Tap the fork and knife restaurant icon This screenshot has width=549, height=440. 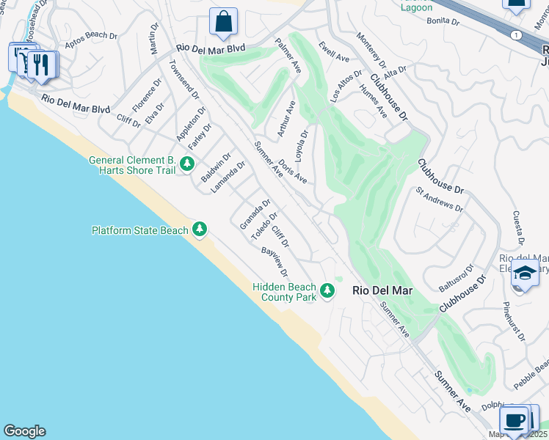(41, 65)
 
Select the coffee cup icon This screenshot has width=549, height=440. (515, 420)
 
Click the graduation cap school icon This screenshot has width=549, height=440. (524, 273)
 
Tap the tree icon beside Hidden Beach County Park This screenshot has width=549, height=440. (327, 291)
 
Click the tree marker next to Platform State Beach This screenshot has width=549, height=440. (199, 230)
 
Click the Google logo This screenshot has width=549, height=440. (24, 431)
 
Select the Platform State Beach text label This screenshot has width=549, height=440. (139, 230)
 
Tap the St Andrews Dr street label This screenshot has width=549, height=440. (440, 199)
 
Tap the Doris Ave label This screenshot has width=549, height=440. (293, 172)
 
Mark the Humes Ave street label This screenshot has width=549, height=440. (373, 101)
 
